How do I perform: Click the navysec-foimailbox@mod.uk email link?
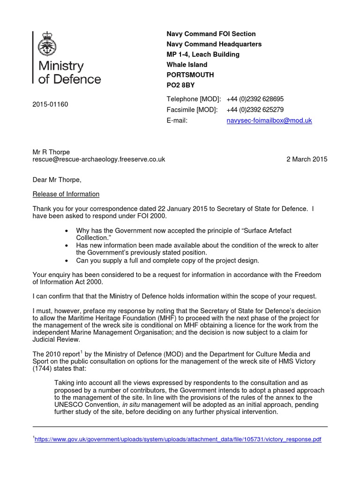tap(269, 120)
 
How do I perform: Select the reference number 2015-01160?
tap(50, 104)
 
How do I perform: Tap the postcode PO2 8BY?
tap(180, 85)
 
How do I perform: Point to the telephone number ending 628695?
tap(255, 99)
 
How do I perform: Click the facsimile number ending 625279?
tap(255, 110)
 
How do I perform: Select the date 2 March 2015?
tap(307, 159)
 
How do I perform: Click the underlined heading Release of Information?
tap(66, 194)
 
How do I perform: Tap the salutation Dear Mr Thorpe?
tap(57, 180)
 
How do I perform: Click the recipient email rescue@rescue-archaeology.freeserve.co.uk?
tap(99, 159)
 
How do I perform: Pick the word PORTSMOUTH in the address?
tap(190, 75)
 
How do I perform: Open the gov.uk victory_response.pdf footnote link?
tap(178, 440)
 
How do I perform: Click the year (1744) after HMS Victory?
tap(45, 368)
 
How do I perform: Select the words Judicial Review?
tap(57, 339)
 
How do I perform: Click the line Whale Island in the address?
tap(187, 65)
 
